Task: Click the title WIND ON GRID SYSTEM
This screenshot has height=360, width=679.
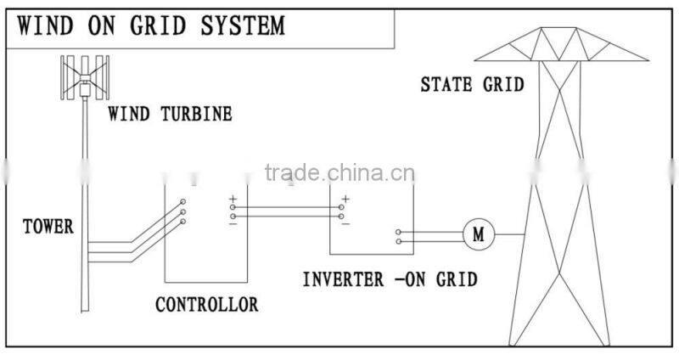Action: (x=151, y=25)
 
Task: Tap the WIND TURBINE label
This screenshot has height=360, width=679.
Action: (x=170, y=114)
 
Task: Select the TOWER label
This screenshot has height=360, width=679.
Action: (x=48, y=227)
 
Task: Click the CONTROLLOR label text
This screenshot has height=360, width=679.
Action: (x=206, y=304)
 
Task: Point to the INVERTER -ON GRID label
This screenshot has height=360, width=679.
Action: (x=390, y=278)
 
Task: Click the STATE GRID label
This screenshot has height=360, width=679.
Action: (x=473, y=84)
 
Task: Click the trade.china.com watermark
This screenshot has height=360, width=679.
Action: (x=339, y=175)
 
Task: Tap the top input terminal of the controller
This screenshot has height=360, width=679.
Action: (x=183, y=202)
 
